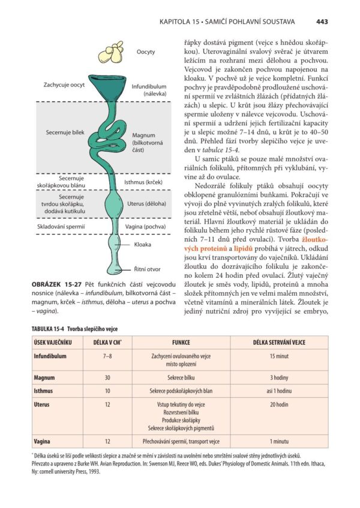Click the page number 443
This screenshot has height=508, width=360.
pyautogui.click(x=322, y=22)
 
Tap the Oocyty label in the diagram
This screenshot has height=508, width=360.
pyautogui.click(x=145, y=52)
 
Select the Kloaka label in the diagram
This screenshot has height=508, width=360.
pyautogui.click(x=143, y=245)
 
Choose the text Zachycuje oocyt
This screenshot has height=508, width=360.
pyautogui.click(x=64, y=85)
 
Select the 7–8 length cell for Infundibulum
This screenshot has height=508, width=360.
pyautogui.click(x=108, y=356)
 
